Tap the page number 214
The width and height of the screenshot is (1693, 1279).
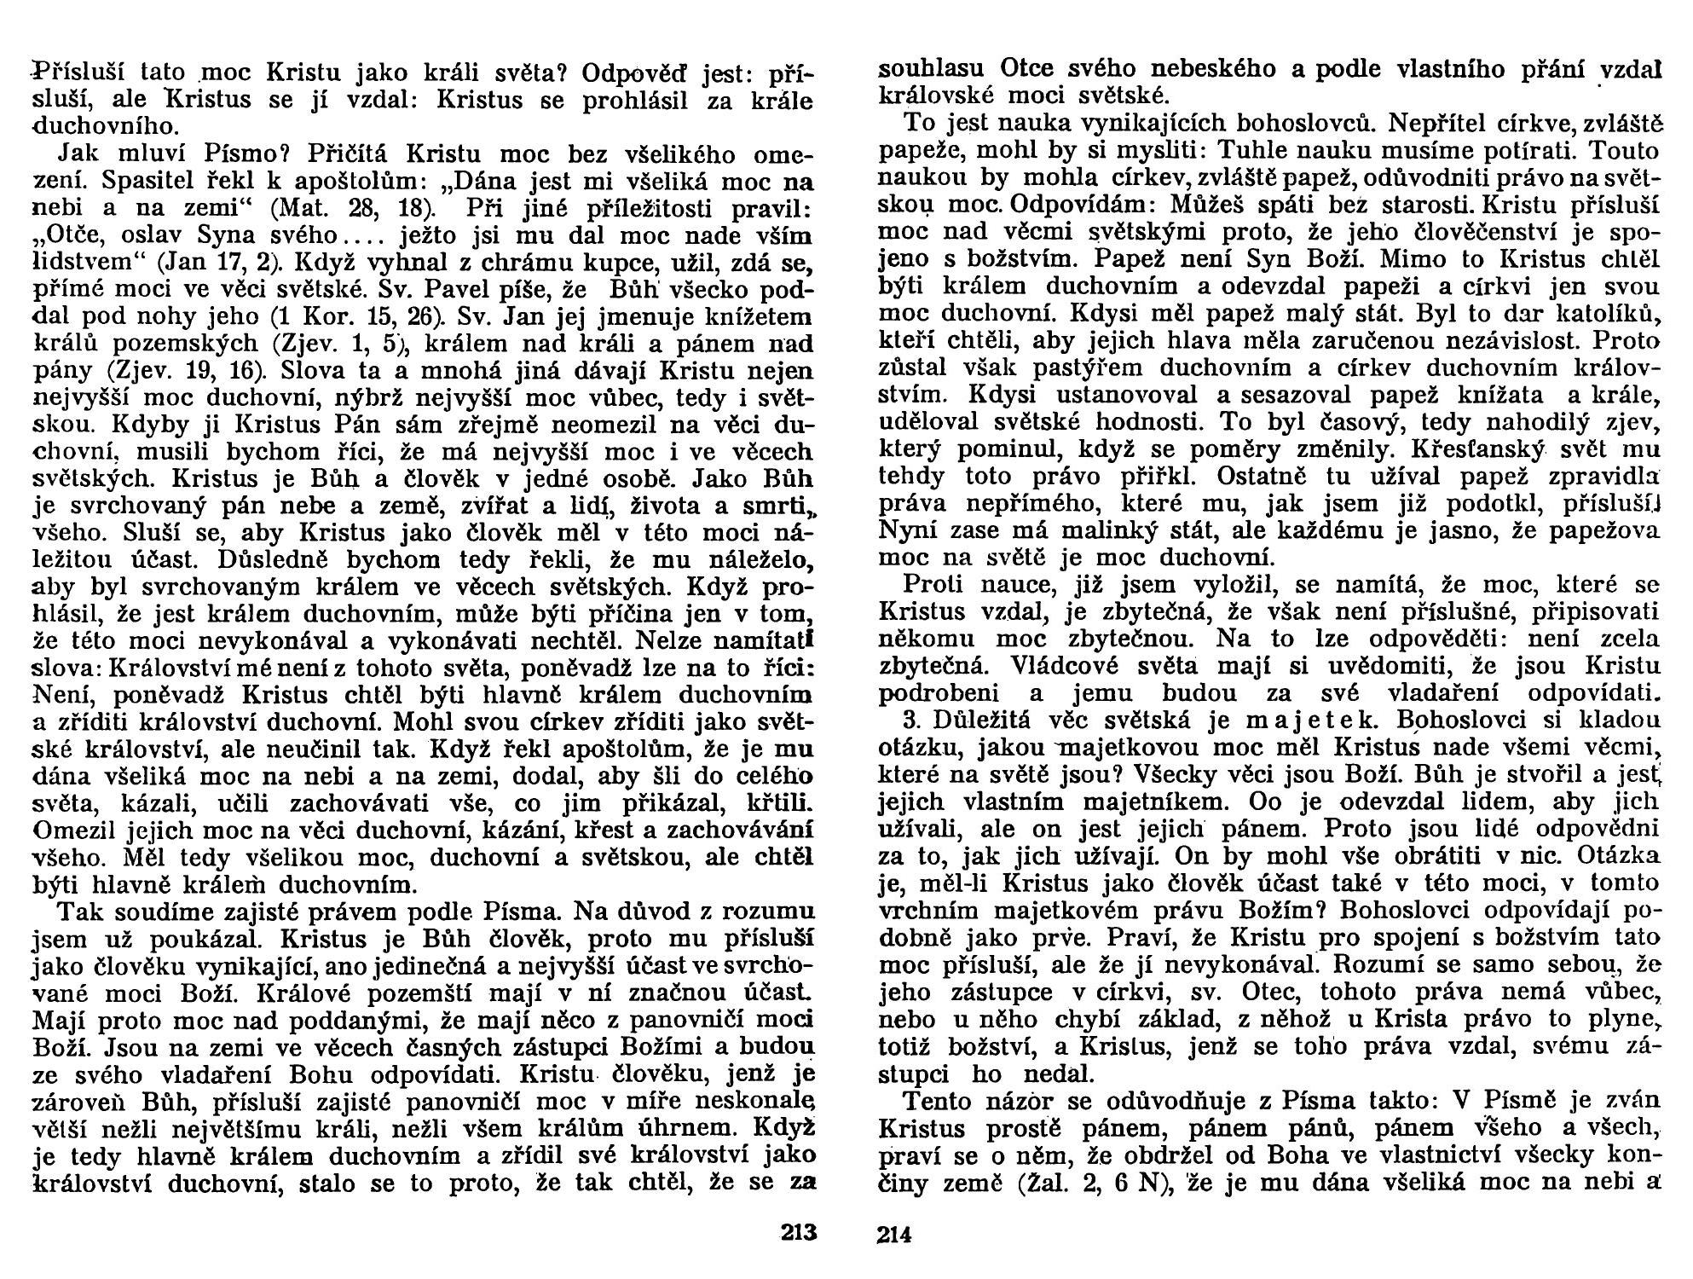[894, 1234]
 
